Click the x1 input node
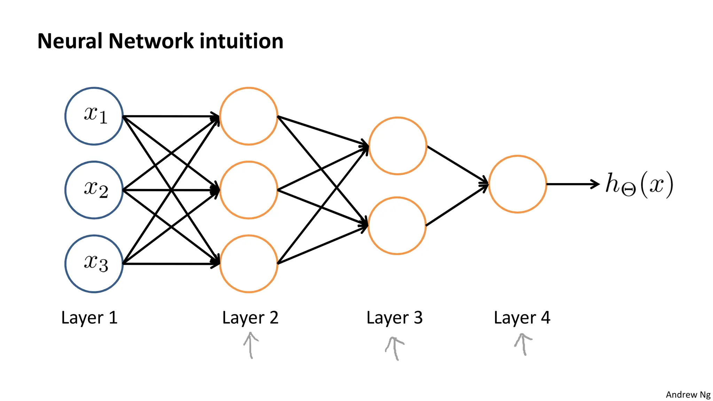point(94,116)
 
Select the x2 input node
point(94,190)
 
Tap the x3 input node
point(94,264)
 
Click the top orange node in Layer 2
point(249,116)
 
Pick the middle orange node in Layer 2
point(249,190)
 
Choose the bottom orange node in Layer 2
point(249,264)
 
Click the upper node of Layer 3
point(398,146)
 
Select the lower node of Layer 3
point(397,226)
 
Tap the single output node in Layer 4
point(517,184)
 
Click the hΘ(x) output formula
point(639,184)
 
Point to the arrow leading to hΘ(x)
point(573,184)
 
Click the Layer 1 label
point(89,318)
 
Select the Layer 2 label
point(250,318)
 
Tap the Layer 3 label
point(394,318)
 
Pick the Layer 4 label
point(522,318)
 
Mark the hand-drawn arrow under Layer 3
point(394,348)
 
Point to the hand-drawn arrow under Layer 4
point(523,344)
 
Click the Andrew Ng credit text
point(688,395)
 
